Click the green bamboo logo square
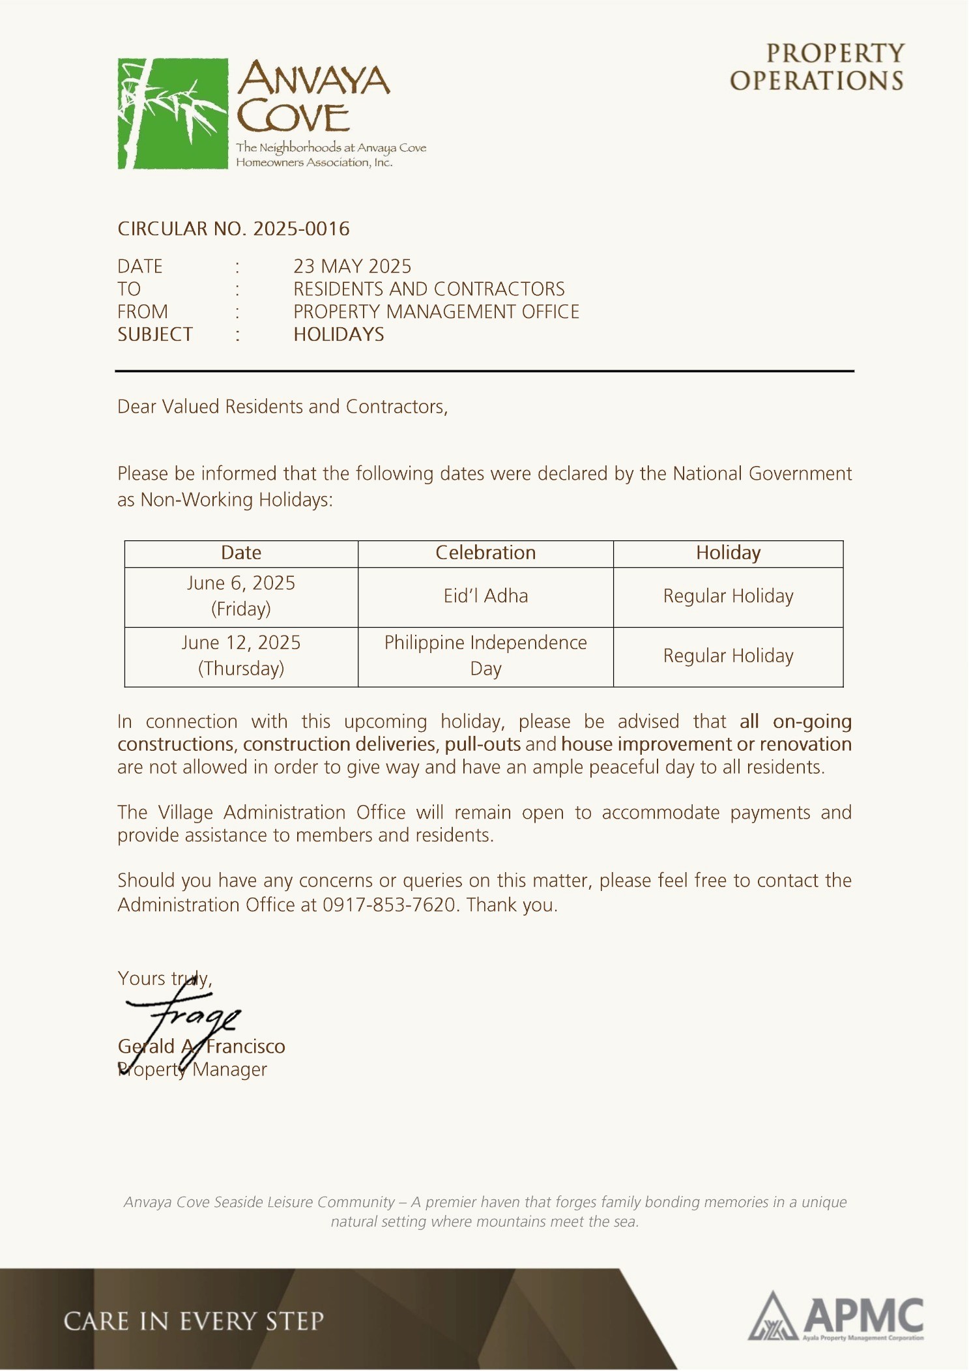point(173,113)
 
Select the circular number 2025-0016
point(301,229)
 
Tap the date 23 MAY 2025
point(352,267)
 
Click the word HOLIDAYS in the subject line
point(338,334)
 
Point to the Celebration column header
point(485,553)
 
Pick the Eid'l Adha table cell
point(485,596)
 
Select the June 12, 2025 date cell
point(241,656)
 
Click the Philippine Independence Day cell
point(485,656)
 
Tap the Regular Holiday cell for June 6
point(728,596)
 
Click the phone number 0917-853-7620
point(389,905)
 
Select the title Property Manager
point(193,1070)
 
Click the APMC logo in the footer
point(836,1317)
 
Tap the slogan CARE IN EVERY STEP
point(194,1321)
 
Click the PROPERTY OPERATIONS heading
point(817,67)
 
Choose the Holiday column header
point(728,553)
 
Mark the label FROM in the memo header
point(143,312)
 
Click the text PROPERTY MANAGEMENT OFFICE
point(436,312)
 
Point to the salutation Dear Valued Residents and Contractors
point(282,407)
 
